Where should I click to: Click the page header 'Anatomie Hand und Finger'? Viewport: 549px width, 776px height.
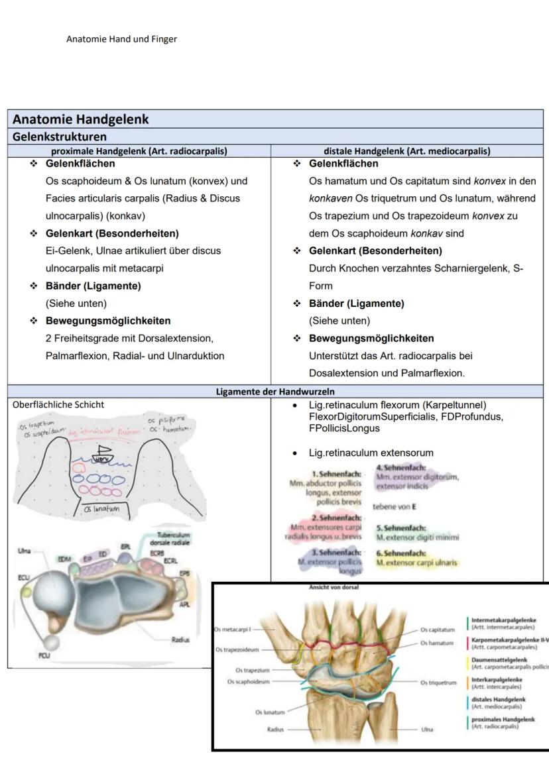pyautogui.click(x=121, y=39)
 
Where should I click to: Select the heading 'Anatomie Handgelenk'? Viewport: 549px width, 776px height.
pyautogui.click(x=81, y=119)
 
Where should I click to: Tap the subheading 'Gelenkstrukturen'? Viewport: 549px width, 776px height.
pyautogui.click(x=60, y=137)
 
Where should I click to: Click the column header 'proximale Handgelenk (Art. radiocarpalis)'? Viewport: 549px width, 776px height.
pyautogui.click(x=139, y=151)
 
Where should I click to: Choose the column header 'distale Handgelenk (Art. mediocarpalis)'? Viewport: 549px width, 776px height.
pyautogui.click(x=407, y=151)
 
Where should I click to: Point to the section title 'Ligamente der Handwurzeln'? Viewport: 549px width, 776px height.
pyautogui.click(x=275, y=392)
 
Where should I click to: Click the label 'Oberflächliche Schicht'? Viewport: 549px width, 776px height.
pyautogui.click(x=58, y=404)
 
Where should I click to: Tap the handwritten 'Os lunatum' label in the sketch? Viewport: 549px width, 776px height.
pyautogui.click(x=102, y=509)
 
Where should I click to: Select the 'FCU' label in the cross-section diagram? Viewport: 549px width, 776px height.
pyautogui.click(x=39, y=654)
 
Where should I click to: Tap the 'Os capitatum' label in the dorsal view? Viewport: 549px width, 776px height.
pyautogui.click(x=438, y=630)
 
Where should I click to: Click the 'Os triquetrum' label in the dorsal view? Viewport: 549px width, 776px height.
pyautogui.click(x=438, y=683)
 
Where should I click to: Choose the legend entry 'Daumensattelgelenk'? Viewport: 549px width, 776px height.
pyautogui.click(x=499, y=660)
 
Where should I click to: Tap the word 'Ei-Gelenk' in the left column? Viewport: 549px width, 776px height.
pyautogui.click(x=66, y=250)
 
